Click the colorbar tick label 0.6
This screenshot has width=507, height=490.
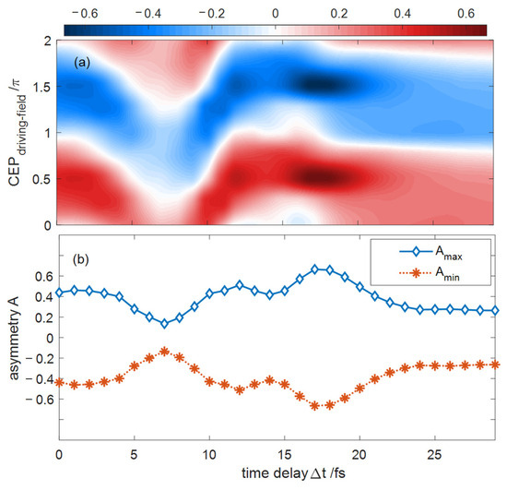[x=466, y=13]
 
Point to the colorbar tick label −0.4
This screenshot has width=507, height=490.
[x=147, y=13]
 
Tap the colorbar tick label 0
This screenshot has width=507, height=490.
[x=276, y=13]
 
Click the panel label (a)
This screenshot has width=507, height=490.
[x=82, y=62]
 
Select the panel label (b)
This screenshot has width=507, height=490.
[x=81, y=259]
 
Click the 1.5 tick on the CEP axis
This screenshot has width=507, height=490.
[x=41, y=87]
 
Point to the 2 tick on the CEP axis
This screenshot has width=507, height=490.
[x=48, y=42]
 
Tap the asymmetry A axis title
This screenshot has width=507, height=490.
[x=14, y=338]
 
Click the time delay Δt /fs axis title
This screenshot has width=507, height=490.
[x=293, y=473]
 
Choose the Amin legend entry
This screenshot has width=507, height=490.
[x=430, y=273]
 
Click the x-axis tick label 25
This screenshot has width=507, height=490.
[x=434, y=455]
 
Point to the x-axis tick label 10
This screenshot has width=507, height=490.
[x=209, y=455]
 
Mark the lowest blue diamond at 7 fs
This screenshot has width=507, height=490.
[x=164, y=323]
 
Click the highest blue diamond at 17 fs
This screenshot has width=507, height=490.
[x=314, y=269]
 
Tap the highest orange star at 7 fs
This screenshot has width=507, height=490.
[x=164, y=352]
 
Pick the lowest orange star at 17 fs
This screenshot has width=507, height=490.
[x=314, y=405]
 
